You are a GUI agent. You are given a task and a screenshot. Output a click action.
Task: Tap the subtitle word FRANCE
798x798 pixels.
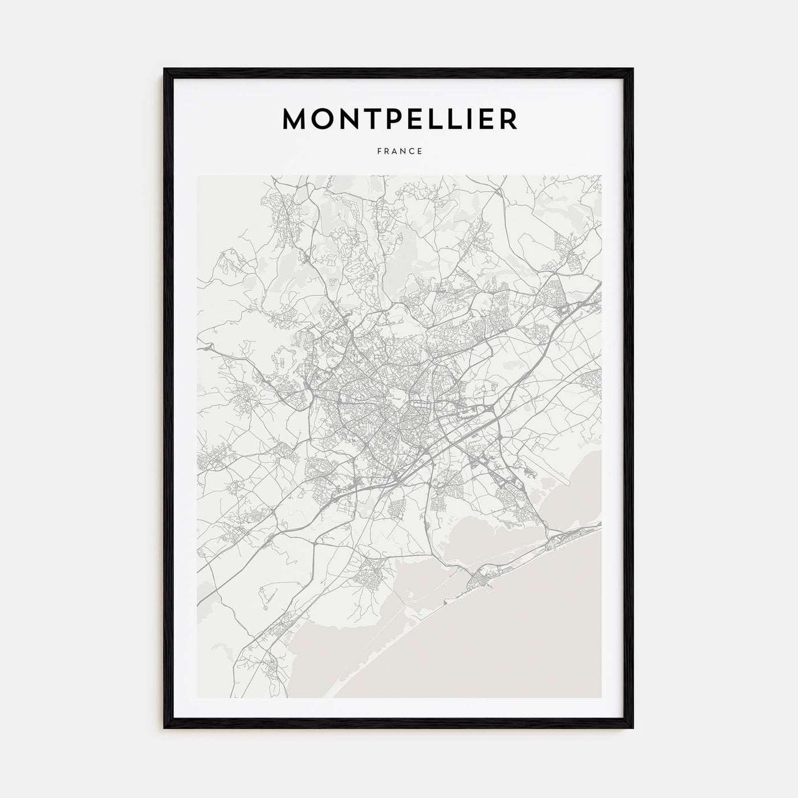pos(400,152)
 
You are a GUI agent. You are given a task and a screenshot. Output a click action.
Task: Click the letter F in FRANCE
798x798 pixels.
pos(379,152)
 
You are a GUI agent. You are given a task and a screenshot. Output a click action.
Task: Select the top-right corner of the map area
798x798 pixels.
pos(601,176)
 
